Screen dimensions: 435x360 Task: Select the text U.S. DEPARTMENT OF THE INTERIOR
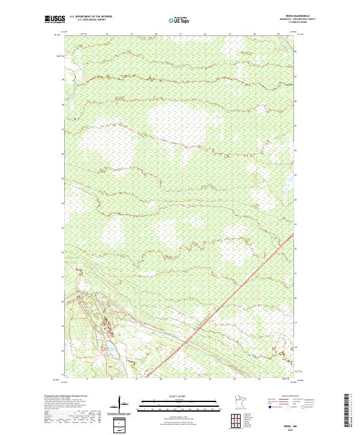pos(91,17)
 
